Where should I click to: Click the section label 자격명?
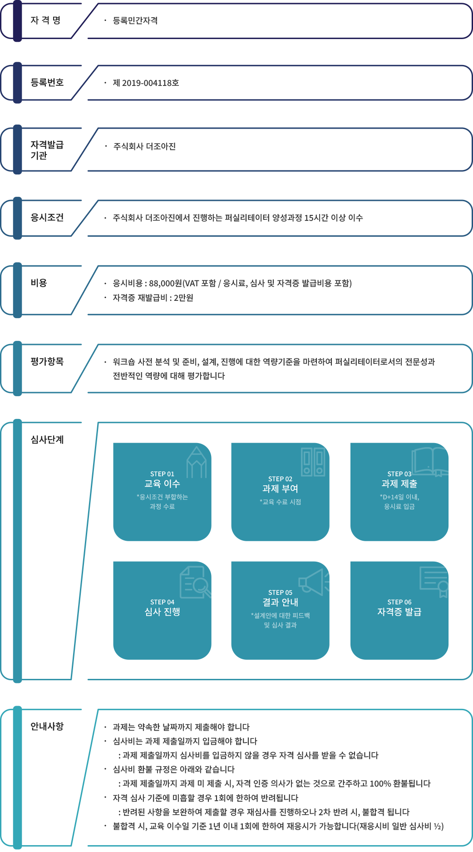coord(45,20)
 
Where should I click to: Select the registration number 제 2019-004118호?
coord(146,83)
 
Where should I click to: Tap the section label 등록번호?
coord(47,83)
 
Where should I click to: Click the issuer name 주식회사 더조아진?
coord(144,146)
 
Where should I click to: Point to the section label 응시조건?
coord(47,218)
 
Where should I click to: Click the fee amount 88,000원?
coord(165,284)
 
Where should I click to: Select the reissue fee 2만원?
coord(183,298)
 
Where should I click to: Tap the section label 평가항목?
coord(47,362)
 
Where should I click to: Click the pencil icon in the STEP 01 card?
coord(197,462)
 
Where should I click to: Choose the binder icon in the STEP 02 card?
coord(313,462)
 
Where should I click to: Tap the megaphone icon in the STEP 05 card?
coord(313,581)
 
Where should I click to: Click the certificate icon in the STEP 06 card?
coord(435,581)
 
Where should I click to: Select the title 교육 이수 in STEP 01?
coord(162,484)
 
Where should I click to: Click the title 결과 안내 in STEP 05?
coord(280,603)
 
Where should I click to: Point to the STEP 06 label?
coord(399,602)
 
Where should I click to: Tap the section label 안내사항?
coord(47,727)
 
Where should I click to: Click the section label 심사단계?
coord(47,440)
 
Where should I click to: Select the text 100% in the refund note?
coord(380,784)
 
